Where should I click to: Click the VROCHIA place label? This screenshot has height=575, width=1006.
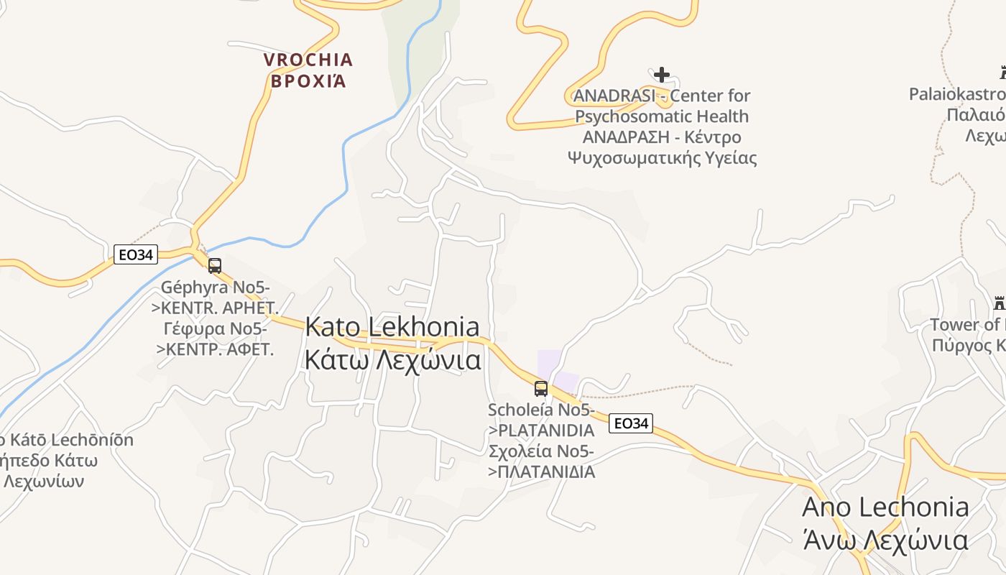coord(308,60)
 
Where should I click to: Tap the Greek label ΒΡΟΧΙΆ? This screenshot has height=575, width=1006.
coord(308,80)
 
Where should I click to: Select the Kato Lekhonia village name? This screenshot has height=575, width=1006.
coord(392,327)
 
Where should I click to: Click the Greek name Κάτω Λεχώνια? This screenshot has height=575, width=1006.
coord(392,359)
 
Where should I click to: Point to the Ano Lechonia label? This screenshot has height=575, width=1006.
coord(885,507)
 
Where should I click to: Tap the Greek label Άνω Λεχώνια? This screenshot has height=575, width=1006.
coord(885,539)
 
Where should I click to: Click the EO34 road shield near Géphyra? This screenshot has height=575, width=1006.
coord(136,254)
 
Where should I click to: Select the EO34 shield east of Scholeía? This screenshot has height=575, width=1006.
coord(630,423)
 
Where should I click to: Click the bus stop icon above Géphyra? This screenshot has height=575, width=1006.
coord(214,266)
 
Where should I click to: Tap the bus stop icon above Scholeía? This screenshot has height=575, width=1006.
coord(541,389)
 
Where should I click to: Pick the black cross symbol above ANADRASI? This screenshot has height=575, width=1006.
coord(662,75)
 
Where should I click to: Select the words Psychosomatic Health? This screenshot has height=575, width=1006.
coord(662,116)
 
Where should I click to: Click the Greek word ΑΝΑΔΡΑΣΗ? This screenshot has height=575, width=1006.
coord(623,137)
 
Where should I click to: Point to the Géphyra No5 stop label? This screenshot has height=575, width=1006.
coord(215,287)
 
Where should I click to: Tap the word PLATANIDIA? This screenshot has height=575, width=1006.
coord(546,431)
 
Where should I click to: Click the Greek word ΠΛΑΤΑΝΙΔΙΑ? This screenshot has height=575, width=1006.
coord(546,472)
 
